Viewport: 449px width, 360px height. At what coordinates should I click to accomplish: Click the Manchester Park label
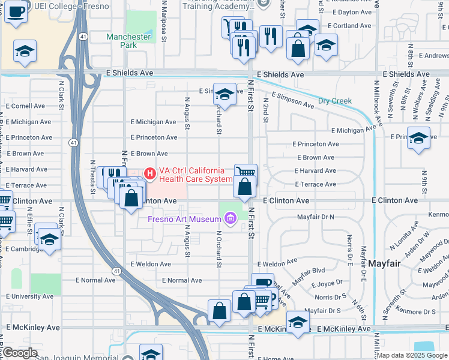pos(128,41)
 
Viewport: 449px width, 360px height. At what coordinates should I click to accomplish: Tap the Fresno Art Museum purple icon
pos(229,220)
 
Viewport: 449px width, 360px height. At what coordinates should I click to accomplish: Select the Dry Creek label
pos(335,101)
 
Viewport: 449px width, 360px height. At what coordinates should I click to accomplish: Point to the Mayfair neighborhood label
pos(384,263)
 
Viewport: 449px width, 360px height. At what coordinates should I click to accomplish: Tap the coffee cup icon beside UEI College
pos(16,11)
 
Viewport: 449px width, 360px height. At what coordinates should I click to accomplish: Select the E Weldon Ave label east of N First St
pos(277,263)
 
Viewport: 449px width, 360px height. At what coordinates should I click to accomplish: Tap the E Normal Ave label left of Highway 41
pos(95,280)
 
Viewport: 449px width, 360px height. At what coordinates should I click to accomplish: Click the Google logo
pos(19,353)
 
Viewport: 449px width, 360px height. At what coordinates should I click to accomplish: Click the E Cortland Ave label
pos(350,26)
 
